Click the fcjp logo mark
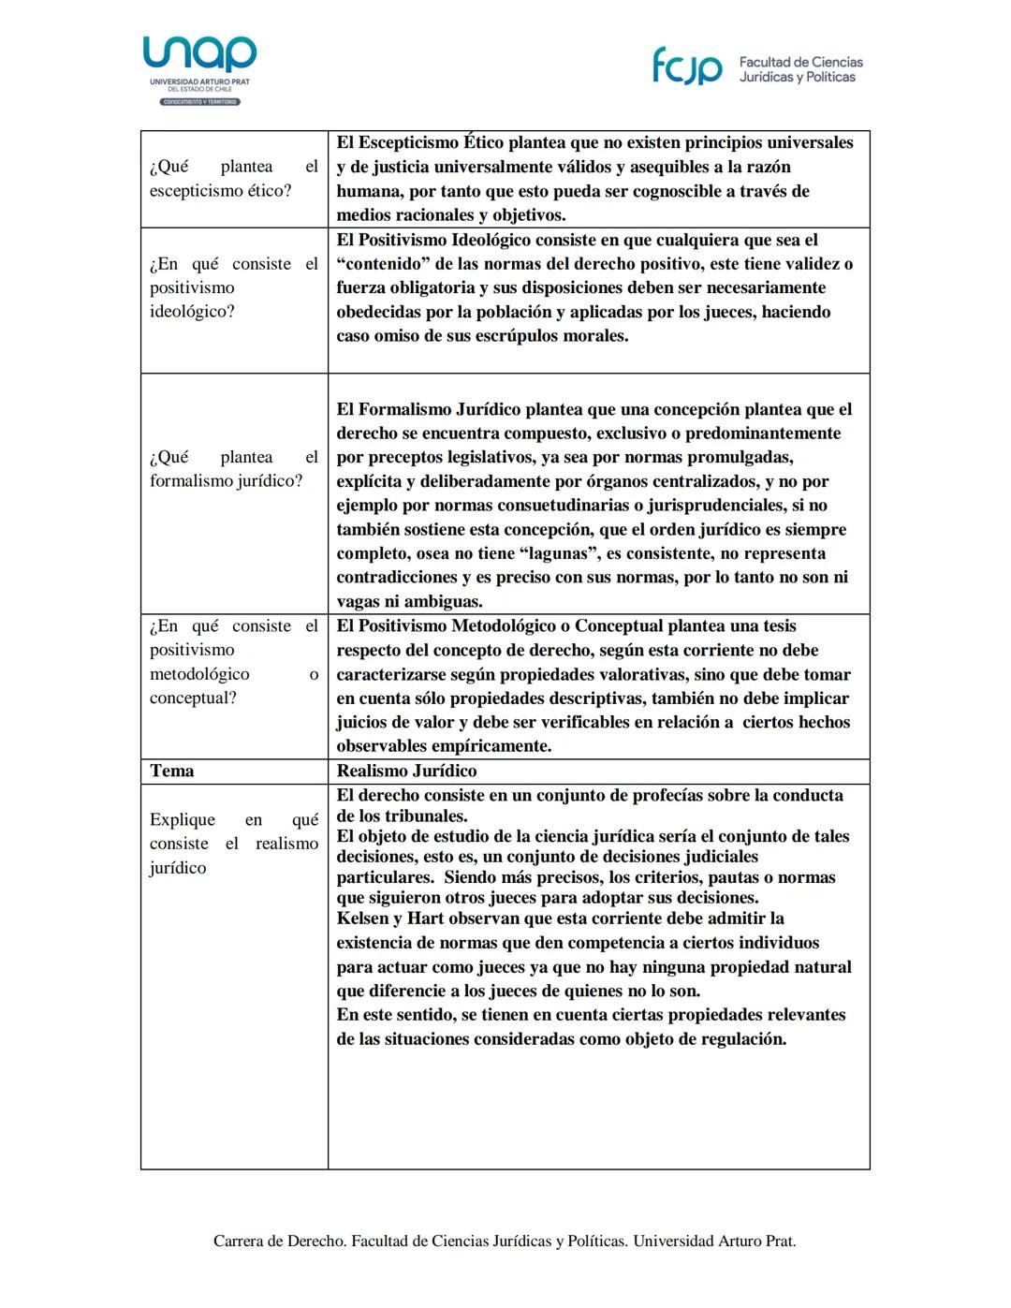coord(687,66)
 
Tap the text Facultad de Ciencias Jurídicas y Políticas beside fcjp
coord(800,69)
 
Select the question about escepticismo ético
coord(233,179)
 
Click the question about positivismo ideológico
coord(233,287)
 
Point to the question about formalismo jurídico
coord(233,469)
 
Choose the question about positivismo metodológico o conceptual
coord(233,662)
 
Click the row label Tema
coord(172,772)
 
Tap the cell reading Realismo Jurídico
coord(406,772)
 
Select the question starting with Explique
coord(233,843)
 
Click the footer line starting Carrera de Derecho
coord(505,1242)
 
